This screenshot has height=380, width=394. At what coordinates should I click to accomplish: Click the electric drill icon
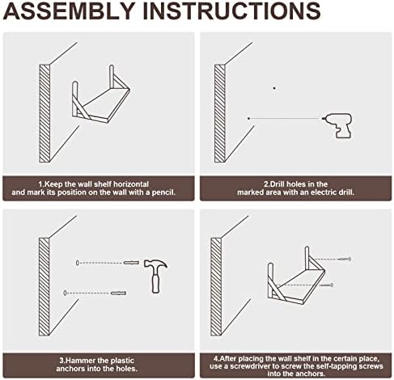338,125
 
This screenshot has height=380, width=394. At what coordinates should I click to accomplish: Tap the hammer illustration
155,276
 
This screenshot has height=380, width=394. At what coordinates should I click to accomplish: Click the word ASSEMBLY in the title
69,11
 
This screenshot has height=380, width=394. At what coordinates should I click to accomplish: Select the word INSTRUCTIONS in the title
231,11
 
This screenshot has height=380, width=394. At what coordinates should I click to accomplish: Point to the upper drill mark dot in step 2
274,88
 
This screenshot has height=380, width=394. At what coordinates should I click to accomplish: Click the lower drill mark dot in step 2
248,118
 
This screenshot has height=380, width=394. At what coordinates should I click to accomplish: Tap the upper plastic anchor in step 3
131,263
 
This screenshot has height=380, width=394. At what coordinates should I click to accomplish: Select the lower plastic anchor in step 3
118,293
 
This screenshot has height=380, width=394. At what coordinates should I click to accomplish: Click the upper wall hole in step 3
78,263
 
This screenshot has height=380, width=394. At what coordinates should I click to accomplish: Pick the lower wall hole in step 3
65,293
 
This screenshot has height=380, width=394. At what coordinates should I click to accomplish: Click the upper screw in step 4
344,259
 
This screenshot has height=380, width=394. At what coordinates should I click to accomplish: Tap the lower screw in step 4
326,285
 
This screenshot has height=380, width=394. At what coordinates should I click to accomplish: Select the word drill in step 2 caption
347,192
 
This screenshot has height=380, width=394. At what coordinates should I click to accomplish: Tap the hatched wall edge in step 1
44,113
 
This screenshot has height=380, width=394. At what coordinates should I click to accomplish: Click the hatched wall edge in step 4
216,287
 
